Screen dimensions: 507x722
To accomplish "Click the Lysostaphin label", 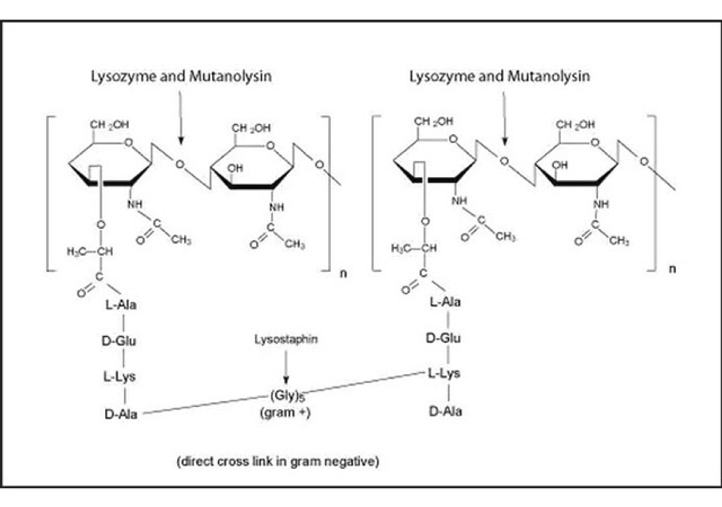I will point(286,339).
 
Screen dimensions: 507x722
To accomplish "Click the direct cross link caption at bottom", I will point(278,461).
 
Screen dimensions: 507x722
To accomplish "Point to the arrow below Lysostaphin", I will point(286,367).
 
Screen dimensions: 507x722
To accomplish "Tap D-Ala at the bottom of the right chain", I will point(445,411).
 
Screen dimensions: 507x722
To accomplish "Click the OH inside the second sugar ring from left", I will point(235,168).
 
